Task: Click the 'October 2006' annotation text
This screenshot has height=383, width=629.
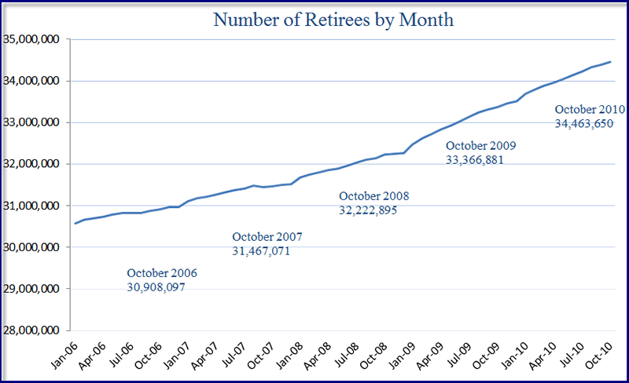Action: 162,274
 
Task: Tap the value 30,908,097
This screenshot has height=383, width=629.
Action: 156,287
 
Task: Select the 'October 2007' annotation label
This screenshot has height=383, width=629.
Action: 267,237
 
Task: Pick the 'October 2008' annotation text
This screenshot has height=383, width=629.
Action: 374,196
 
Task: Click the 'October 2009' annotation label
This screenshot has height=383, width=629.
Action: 481,145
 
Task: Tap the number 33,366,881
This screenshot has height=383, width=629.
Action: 475,159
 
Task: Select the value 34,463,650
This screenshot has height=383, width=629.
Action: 584,123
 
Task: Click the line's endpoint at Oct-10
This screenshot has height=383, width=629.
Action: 611,62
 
